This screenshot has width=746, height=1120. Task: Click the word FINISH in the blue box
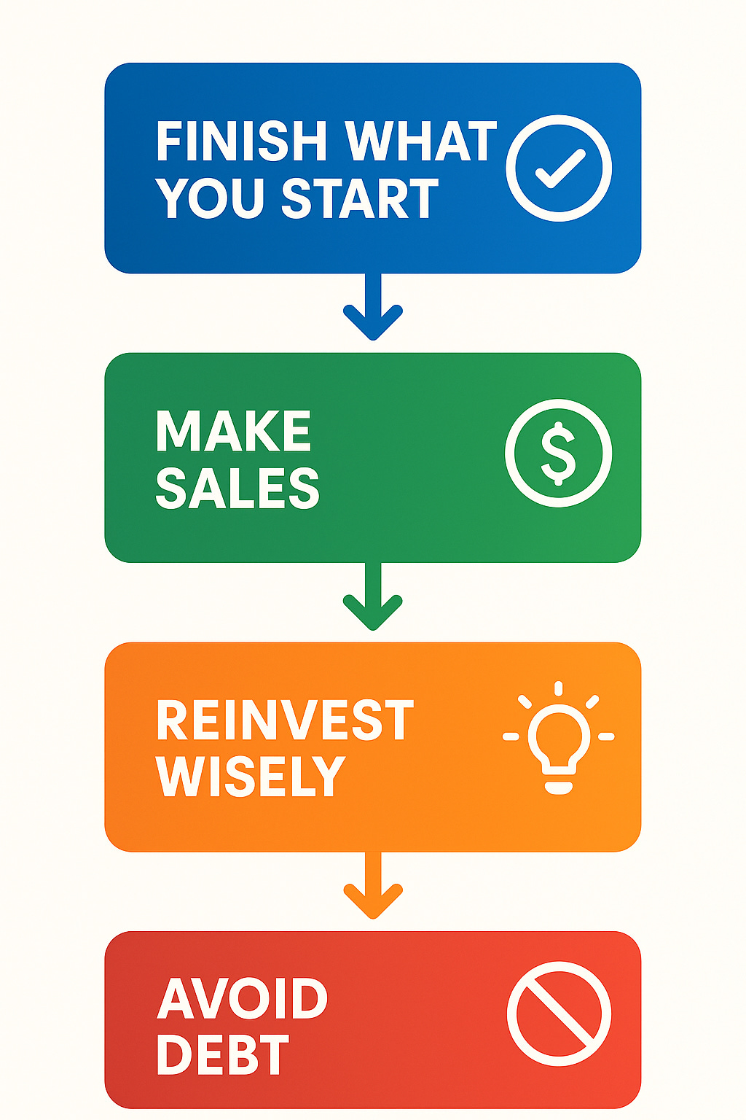pyautogui.click(x=241, y=141)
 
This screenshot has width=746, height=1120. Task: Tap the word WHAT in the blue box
pyautogui.click(x=420, y=141)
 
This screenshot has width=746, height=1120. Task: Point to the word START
pyautogui.click(x=360, y=198)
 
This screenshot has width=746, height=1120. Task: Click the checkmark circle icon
pyautogui.click(x=559, y=168)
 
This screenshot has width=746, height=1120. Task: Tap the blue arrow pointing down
pyautogui.click(x=373, y=310)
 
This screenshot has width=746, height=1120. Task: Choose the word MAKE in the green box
pyautogui.click(x=234, y=432)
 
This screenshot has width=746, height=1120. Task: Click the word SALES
pyautogui.click(x=237, y=488)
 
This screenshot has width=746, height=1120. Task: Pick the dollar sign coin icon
pyautogui.click(x=559, y=453)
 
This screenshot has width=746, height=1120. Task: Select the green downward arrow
pyautogui.click(x=373, y=599)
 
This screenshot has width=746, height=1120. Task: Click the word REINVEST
pyautogui.click(x=285, y=720)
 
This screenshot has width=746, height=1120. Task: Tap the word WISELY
pyautogui.click(x=250, y=776)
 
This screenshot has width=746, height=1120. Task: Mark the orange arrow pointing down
pyautogui.click(x=373, y=888)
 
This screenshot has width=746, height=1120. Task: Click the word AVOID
pyautogui.click(x=243, y=999)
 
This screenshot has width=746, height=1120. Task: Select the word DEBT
pyautogui.click(x=223, y=1055)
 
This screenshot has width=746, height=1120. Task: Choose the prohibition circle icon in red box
pyautogui.click(x=559, y=1014)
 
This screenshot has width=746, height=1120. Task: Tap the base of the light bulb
pyautogui.click(x=559, y=787)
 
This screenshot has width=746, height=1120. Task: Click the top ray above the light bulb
pyautogui.click(x=559, y=688)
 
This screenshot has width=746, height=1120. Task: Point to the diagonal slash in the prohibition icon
pyautogui.click(x=559, y=1014)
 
